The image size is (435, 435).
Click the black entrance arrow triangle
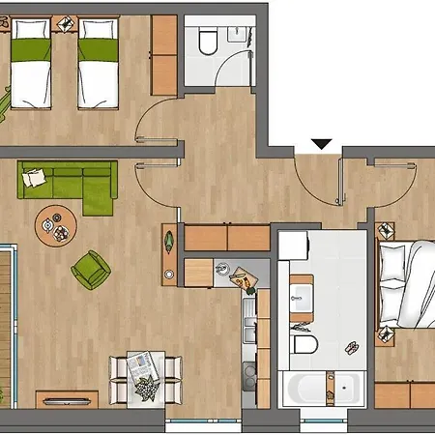(x=322, y=145)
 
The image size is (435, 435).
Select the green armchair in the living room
(x=92, y=270)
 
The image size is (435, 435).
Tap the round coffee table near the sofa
(x=53, y=226)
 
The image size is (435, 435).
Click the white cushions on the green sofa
(x=34, y=176)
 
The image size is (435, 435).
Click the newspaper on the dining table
(x=141, y=364)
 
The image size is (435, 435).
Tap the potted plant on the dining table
(x=146, y=388)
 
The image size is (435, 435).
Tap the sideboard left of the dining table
(x=67, y=398)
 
